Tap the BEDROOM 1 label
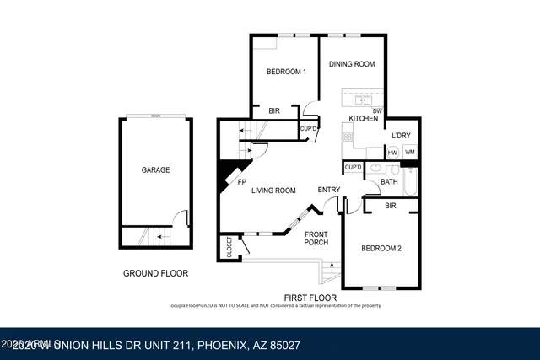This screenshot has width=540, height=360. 285,72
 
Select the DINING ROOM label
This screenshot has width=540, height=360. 351,63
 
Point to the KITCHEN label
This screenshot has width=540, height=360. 363,119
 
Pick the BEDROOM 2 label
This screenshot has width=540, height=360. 381,248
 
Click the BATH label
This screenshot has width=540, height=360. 388,181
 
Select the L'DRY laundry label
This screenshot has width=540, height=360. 401,136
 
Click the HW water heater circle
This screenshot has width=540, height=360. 392,152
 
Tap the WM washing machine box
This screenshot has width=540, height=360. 410,152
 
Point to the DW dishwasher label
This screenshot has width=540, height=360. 377,110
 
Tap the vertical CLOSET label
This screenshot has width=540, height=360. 229,246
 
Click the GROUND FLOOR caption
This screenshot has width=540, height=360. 155,273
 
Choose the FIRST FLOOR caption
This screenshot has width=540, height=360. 310,298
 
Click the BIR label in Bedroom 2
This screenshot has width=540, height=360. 390,205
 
